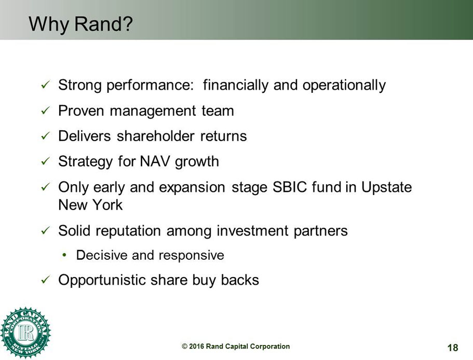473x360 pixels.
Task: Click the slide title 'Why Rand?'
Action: pyautogui.click(x=80, y=24)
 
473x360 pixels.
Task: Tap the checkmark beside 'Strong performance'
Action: pyautogui.click(x=46, y=85)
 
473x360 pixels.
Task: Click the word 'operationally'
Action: pyautogui.click(x=344, y=85)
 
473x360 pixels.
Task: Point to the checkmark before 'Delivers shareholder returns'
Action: pyautogui.click(x=46, y=136)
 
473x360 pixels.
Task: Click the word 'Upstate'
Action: pyautogui.click(x=387, y=187)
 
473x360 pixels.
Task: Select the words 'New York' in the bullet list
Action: pyautogui.click(x=90, y=205)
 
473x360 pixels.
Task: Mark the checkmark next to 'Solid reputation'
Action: pyautogui.click(x=46, y=231)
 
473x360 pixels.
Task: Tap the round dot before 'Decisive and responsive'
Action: pyautogui.click(x=64, y=255)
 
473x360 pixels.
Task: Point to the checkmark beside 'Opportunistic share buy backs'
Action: pyautogui.click(x=46, y=280)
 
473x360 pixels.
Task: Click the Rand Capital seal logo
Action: pyautogui.click(x=25, y=333)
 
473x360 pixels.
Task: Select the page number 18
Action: pyautogui.click(x=453, y=348)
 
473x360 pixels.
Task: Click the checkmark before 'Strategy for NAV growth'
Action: pyautogui.click(x=46, y=161)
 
